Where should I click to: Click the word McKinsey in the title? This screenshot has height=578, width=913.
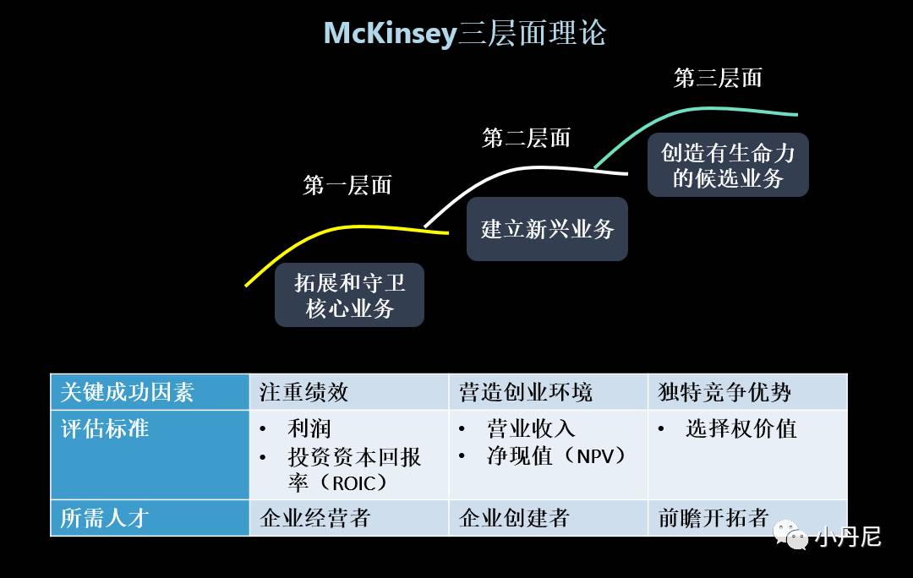390,34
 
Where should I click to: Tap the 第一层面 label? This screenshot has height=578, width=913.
347,185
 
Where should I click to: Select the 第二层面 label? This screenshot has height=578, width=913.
526,138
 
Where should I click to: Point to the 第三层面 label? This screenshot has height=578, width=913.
718,78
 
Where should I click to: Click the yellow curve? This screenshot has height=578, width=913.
338,229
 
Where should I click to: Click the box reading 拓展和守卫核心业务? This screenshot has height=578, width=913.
349,295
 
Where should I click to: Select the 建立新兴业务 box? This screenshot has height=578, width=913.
547,229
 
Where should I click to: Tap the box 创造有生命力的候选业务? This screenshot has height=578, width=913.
728,165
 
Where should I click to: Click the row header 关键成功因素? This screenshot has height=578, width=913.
128,392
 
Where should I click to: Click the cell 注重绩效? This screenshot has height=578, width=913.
303,392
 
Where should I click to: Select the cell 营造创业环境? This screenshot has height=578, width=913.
525,392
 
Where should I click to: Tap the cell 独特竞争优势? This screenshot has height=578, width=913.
724,392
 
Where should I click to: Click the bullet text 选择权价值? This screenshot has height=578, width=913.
741,428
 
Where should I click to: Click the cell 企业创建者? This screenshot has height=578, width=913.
514,517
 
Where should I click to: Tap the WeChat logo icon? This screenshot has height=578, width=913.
791,535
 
